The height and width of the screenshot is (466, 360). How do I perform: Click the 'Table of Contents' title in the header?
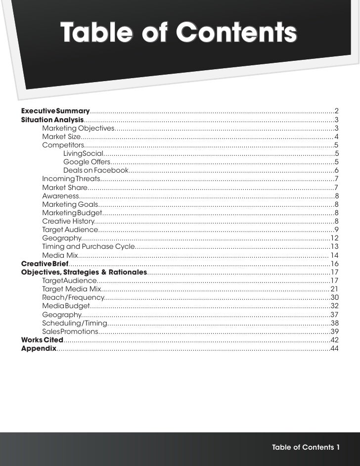click(179, 33)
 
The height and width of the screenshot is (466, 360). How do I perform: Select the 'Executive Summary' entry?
click(55, 110)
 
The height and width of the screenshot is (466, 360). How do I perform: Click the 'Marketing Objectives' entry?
click(78, 129)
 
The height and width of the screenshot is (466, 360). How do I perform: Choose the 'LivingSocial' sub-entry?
click(83, 154)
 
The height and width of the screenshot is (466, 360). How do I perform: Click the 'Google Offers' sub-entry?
click(87, 162)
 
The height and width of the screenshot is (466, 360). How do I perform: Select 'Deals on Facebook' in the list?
click(96, 171)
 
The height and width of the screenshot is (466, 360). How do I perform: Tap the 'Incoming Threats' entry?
click(71, 179)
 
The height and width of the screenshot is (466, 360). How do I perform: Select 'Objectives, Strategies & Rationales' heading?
click(84, 273)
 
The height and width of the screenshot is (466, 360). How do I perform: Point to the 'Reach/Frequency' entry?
click(73, 297)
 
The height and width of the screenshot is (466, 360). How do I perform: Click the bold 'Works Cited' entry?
click(42, 340)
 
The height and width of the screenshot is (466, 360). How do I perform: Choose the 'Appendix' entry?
click(39, 349)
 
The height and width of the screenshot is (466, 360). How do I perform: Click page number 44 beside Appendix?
click(334, 349)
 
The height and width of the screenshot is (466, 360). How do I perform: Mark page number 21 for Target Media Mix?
click(334, 289)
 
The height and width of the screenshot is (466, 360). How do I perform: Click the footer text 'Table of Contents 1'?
click(306, 448)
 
